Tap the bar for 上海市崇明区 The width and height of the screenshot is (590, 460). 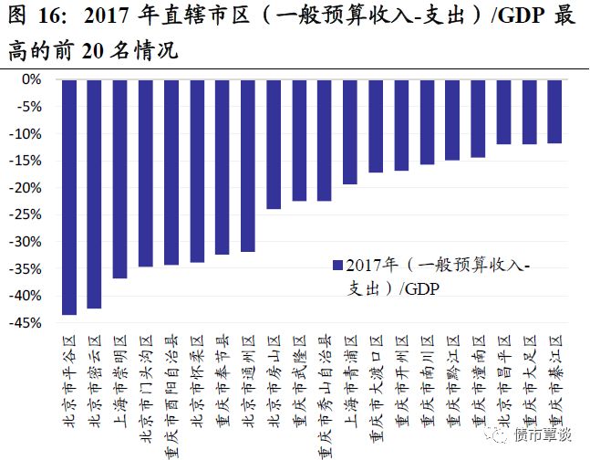click(119, 179)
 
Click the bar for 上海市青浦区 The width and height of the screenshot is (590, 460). click(349, 131)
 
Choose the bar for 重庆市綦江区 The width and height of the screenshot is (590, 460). click(554, 111)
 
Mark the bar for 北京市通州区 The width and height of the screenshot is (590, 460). click(247, 165)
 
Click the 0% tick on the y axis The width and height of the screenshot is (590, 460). click(31, 79)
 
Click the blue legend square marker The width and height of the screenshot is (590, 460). click(337, 266)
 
